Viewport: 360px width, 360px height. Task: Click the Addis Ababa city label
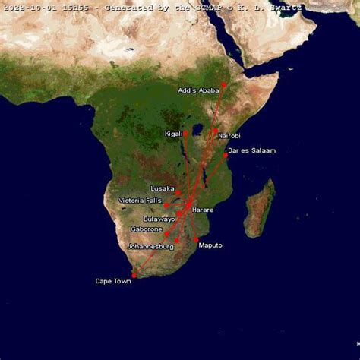coord(198,90)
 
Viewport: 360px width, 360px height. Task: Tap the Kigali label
coord(173,134)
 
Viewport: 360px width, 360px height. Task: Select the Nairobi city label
coord(229,136)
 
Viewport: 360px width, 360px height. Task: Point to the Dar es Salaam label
coord(251,150)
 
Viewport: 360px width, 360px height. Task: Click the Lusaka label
coord(163,188)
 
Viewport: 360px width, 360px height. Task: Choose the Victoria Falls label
coord(140,201)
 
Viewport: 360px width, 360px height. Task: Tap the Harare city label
coord(203,210)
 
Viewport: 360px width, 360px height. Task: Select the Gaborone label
coord(147,229)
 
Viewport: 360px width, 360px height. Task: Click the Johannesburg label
coord(150,246)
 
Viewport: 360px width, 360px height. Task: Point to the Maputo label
coord(210,245)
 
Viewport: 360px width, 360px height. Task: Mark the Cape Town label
coord(113,281)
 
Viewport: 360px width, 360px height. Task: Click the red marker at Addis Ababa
coord(224,84)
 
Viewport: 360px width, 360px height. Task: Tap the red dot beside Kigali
coord(185,134)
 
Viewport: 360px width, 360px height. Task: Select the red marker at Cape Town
coord(134,275)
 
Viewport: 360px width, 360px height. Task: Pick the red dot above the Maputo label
coord(196,239)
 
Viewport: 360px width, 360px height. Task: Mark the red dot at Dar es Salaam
coord(225,156)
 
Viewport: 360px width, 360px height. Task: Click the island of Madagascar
coord(260,207)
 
